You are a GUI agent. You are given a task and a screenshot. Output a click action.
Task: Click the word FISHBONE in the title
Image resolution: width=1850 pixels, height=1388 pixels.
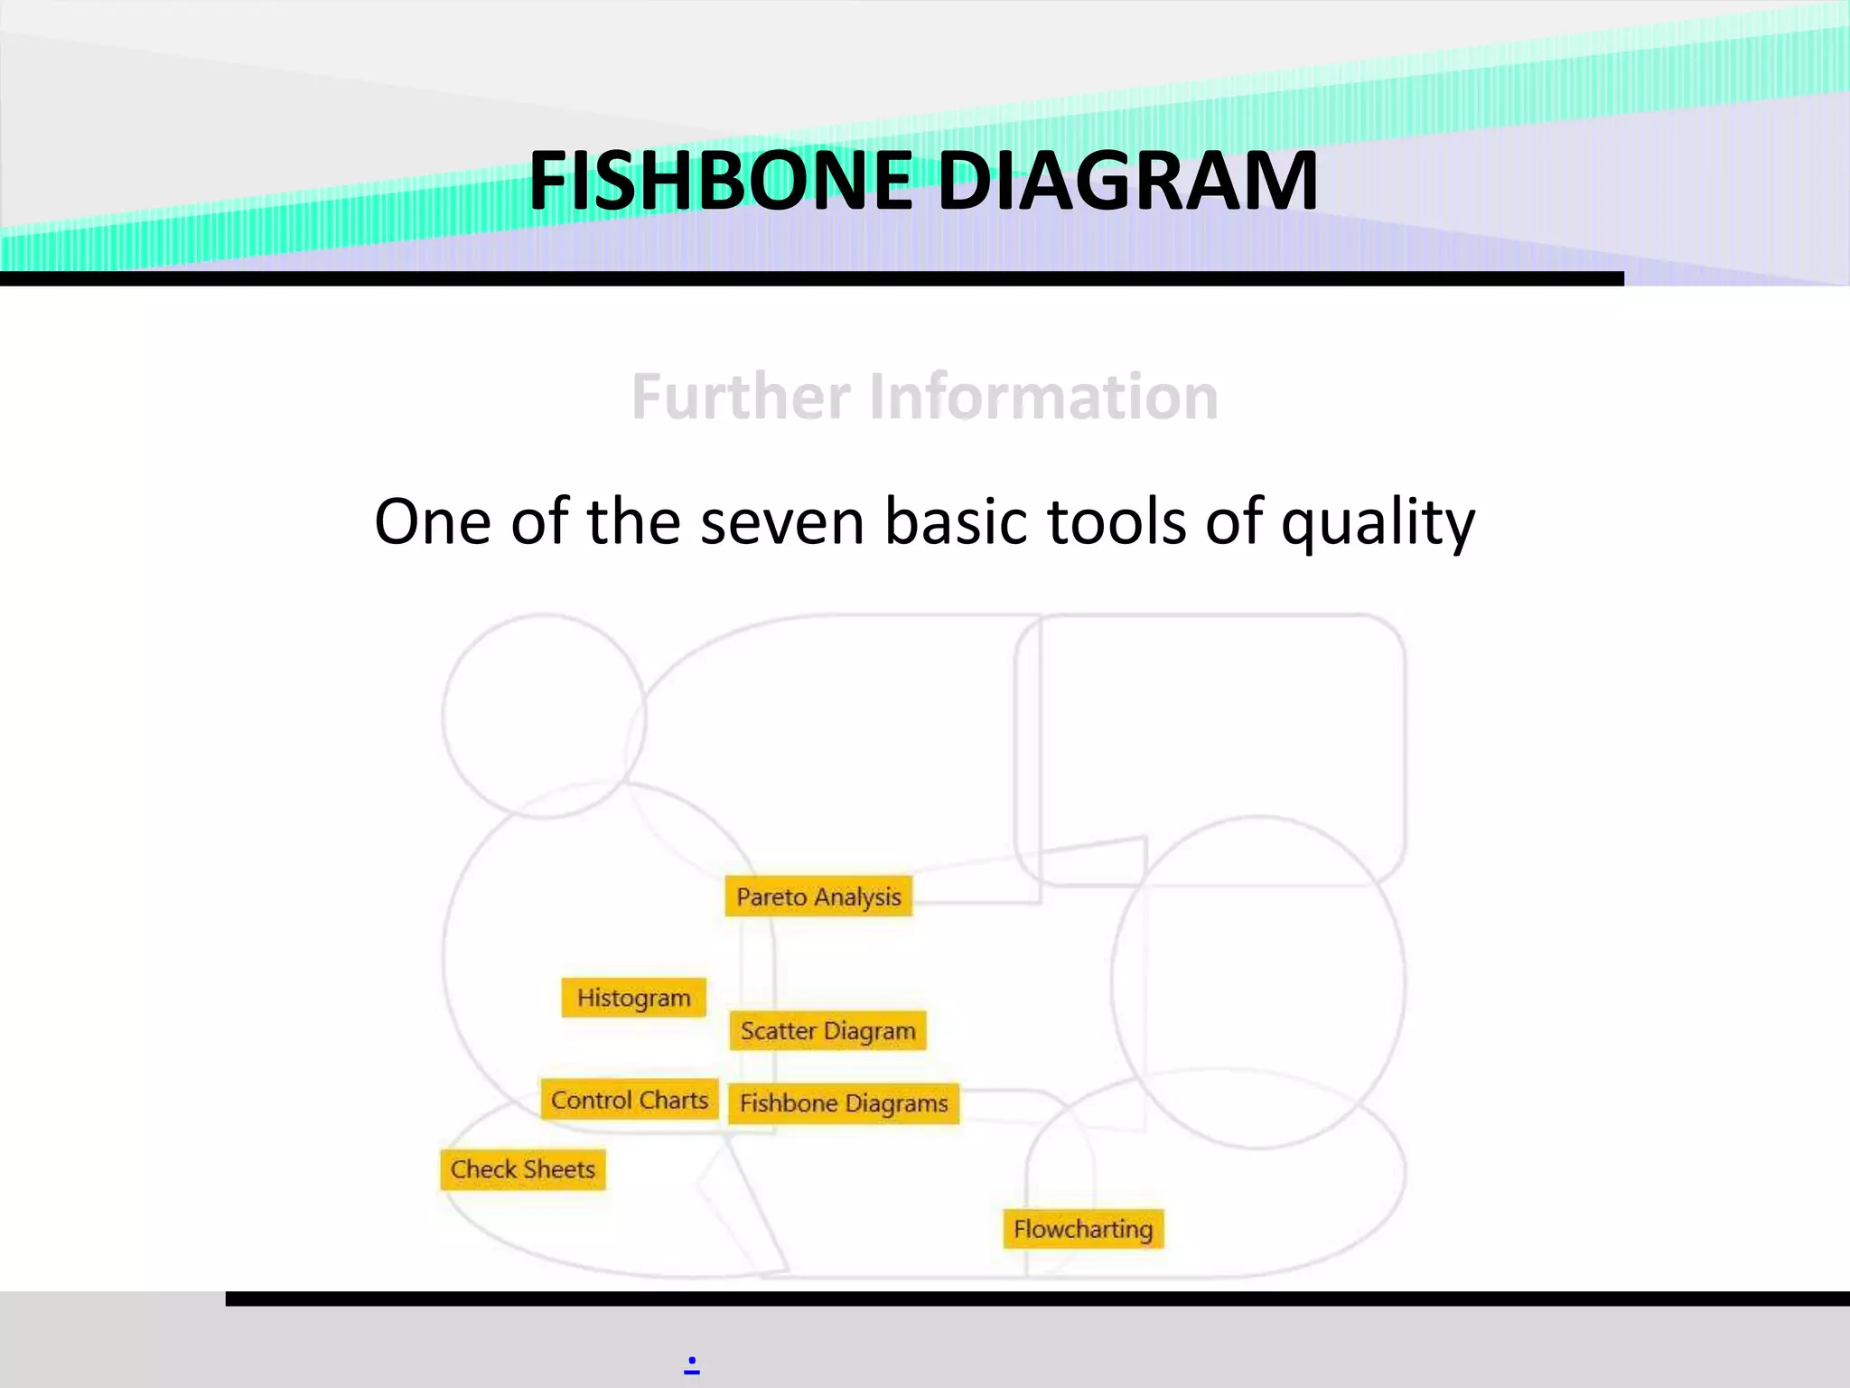point(720,181)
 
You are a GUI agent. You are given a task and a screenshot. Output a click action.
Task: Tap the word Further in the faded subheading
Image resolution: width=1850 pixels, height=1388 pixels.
point(741,397)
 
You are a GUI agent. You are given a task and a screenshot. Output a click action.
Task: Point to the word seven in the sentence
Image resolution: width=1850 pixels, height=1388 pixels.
point(782,522)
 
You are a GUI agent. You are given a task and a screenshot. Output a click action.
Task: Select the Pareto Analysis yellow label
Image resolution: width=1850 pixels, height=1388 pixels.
point(818,896)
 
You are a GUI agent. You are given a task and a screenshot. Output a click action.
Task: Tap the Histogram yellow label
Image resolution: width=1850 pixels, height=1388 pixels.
point(633,998)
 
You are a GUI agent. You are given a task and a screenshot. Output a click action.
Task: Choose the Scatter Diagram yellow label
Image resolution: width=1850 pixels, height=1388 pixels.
point(827,1031)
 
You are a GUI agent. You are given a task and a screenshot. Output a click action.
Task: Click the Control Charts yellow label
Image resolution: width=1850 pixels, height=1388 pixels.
point(630,1100)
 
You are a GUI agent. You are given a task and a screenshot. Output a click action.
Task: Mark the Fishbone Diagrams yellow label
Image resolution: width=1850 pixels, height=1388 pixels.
point(844,1103)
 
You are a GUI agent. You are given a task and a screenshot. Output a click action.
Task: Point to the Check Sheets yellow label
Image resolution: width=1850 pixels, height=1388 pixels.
point(523,1169)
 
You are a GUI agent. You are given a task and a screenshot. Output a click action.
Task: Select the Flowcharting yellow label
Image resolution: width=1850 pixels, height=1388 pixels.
point(1083,1229)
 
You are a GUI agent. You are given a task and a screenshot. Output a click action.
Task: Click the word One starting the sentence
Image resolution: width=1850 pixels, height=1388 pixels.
point(433,522)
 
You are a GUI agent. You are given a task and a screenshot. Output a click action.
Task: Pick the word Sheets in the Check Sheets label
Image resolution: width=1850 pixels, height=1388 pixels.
point(559,1169)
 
